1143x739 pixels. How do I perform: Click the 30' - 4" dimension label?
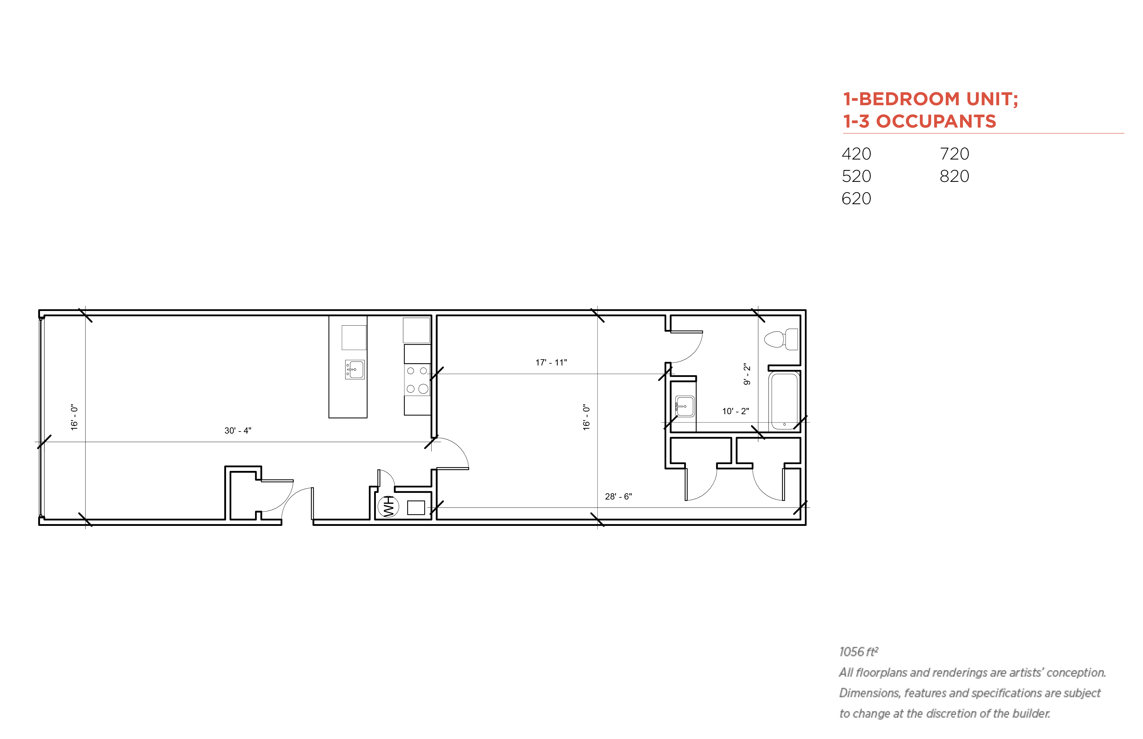click(x=237, y=430)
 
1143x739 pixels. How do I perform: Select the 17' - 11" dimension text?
click(x=551, y=362)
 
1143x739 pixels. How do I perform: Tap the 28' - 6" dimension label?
click(x=618, y=496)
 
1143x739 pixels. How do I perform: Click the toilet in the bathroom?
click(x=781, y=339)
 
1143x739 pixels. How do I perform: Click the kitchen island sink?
click(x=355, y=369)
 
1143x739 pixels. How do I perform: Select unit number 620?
click(x=856, y=198)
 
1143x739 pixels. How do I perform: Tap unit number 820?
click(x=954, y=176)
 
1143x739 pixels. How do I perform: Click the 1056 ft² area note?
click(x=858, y=652)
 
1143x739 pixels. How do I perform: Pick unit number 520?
click(x=856, y=176)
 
